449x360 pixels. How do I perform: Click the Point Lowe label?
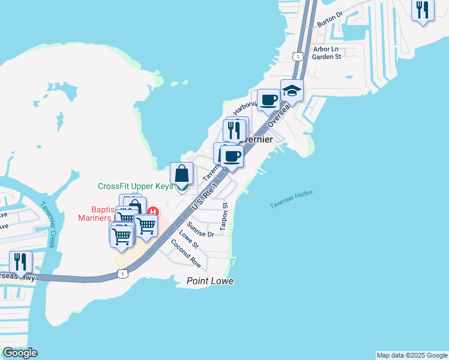pos(209,281)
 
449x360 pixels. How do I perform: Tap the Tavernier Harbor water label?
pos(291,199)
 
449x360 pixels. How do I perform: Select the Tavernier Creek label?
pos(47,223)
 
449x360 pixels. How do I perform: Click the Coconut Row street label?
pos(186,253)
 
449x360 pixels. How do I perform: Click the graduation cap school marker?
pos(292,91)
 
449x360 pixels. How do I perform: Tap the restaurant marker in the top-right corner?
pos(423,10)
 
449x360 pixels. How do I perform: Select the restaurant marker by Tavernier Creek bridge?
pos(21,262)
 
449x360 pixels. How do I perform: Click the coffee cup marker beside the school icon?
pos(268,100)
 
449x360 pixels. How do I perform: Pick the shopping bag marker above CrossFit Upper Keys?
pos(182,173)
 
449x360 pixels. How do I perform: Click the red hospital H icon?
pos(154,212)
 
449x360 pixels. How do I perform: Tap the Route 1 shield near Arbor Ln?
pos(297,56)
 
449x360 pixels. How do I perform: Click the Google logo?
pos(20,353)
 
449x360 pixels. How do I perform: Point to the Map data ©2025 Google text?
pos(412,355)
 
